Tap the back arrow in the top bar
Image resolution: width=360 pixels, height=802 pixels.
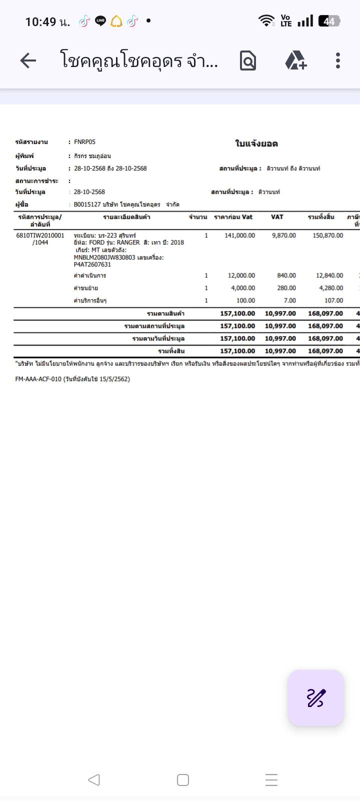click(x=28, y=60)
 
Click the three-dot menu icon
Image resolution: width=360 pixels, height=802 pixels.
click(x=338, y=60)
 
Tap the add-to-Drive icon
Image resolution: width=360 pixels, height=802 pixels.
click(x=295, y=60)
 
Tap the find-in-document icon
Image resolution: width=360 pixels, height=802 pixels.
click(x=248, y=60)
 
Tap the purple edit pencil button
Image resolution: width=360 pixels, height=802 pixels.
click(x=316, y=697)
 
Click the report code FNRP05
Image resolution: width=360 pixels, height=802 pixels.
click(x=84, y=142)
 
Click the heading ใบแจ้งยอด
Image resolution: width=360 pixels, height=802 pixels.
click(x=256, y=144)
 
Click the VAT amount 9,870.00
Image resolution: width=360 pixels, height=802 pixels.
click(x=283, y=235)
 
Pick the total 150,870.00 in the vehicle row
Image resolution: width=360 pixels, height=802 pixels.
click(x=327, y=235)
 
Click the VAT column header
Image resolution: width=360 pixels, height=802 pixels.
click(x=277, y=217)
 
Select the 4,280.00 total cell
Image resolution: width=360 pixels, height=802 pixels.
click(x=330, y=288)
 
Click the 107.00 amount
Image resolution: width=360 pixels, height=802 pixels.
click(x=333, y=300)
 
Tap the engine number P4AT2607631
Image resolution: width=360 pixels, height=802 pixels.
click(x=92, y=264)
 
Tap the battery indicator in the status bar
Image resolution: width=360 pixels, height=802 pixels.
click(x=329, y=21)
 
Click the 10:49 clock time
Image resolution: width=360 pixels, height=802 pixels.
click(x=41, y=21)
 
